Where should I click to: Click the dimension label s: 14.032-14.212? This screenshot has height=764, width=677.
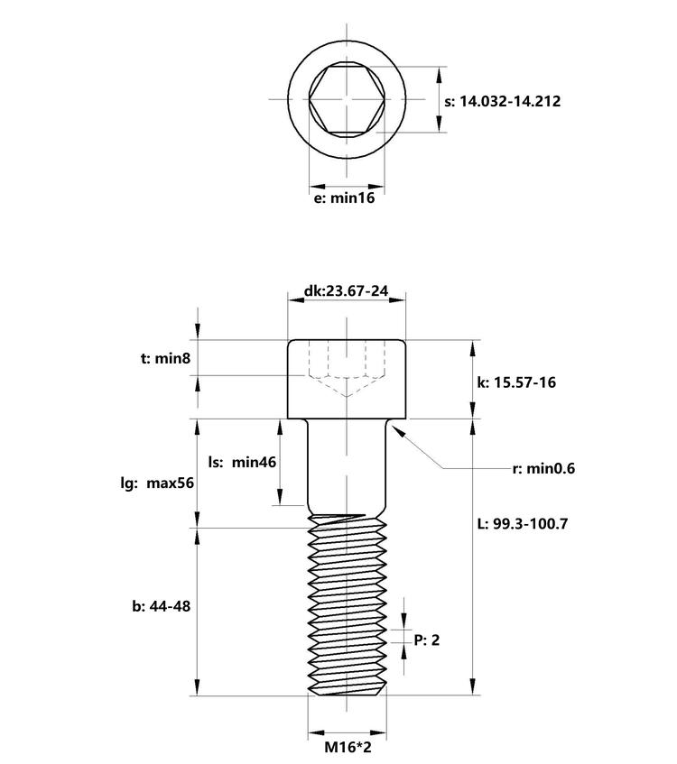pos(503,101)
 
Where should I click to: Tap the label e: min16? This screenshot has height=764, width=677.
pos(344,198)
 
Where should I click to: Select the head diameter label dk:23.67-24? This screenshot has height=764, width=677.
pos(346,290)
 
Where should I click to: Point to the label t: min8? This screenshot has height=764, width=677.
pos(165,359)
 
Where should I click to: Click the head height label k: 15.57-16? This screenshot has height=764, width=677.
pos(516,382)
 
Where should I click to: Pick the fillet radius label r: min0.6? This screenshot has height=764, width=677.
pos(543,469)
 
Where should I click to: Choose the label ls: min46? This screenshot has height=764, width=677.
pos(242,462)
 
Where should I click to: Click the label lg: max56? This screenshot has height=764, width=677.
pos(157,483)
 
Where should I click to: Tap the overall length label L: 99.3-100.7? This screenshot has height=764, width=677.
pos(523,524)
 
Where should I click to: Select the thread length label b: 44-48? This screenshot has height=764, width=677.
pos(161,607)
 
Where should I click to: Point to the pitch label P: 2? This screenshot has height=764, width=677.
pos(427,640)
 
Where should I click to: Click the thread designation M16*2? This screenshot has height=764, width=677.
pos(348,747)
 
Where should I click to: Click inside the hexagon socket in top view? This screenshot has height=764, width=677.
pos(347,99)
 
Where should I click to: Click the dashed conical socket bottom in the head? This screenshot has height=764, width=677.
pos(347,386)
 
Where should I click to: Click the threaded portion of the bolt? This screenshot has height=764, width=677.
pos(347,605)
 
